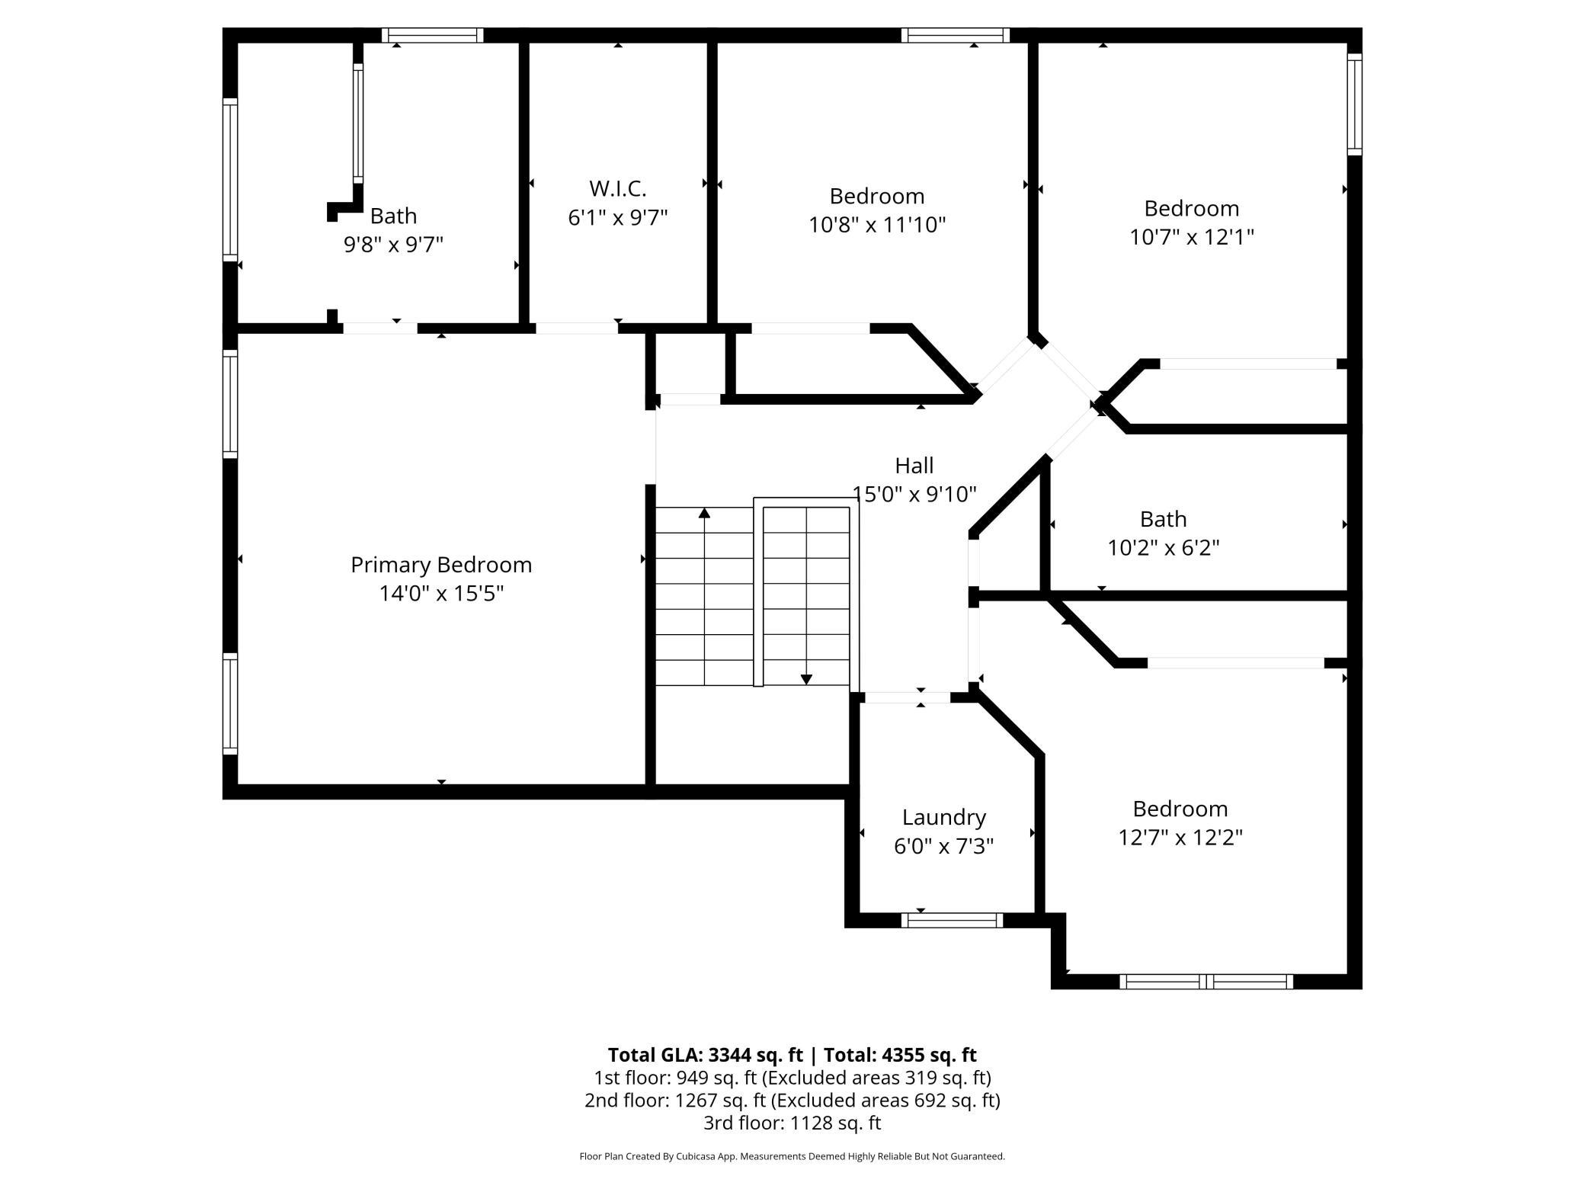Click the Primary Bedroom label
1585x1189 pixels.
coord(441,565)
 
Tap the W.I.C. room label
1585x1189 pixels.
coord(618,188)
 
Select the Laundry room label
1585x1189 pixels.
coord(944,817)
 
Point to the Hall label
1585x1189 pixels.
coord(914,465)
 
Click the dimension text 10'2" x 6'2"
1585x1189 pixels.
coord(1164,547)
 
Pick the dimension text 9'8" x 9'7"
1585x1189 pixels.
coord(393,244)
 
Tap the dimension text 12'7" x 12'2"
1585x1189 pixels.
coord(1180,837)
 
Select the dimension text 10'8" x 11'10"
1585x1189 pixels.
coord(877,224)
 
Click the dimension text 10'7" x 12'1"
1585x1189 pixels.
coord(1192,236)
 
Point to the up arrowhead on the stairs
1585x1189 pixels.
coord(704,513)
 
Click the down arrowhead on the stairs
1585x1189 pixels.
coord(806,679)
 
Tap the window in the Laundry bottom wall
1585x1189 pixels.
coord(952,920)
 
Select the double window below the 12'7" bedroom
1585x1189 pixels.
coord(1206,982)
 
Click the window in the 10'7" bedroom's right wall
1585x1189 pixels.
coord(1354,104)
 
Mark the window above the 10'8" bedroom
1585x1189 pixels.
coord(955,35)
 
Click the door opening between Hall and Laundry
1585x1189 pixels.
coord(907,697)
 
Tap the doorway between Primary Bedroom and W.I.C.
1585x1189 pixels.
coord(577,328)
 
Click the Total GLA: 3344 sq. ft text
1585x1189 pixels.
coord(705,1055)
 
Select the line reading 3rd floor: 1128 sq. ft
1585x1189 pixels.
coord(792,1123)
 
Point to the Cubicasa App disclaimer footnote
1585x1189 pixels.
coord(792,1156)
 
